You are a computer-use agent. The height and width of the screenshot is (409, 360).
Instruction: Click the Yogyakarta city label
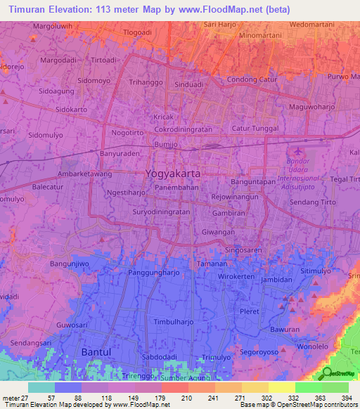tap(172, 173)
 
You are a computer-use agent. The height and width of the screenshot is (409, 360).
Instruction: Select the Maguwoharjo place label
tap(313, 108)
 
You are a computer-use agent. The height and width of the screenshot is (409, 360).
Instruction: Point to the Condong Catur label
tap(254, 79)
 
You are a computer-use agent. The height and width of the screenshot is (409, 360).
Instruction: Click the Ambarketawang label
tap(85, 174)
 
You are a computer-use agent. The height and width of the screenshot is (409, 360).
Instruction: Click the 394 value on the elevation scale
tap(347, 397)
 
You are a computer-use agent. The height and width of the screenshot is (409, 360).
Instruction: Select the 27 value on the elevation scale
tap(29, 397)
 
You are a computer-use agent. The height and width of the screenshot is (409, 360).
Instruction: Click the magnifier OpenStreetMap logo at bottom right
tap(326, 373)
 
